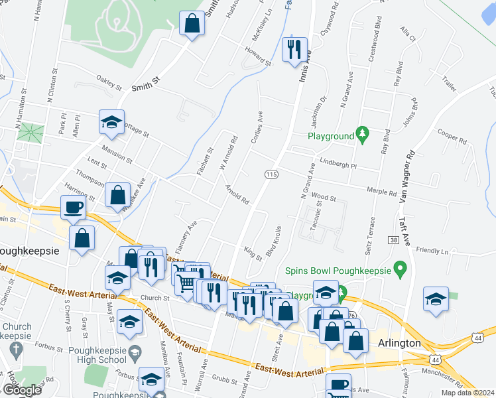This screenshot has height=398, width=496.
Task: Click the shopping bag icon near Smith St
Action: (x=192, y=24)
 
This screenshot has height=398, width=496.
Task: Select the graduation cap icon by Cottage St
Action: (x=111, y=122)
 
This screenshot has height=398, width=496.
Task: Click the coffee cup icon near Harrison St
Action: (x=74, y=208)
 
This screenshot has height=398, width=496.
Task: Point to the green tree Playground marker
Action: (x=362, y=135)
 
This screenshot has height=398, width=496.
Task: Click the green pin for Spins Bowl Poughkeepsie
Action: (x=399, y=270)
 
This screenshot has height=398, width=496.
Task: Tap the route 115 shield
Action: (x=271, y=174)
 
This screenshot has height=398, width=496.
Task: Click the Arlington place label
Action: (x=400, y=343)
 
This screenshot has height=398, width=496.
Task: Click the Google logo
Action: (x=21, y=390)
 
